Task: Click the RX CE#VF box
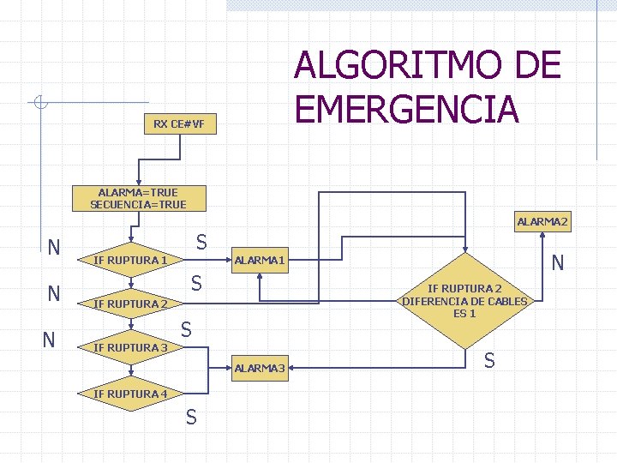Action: click(179, 124)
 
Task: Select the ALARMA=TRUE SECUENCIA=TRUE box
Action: click(138, 198)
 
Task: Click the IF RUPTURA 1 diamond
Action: click(131, 259)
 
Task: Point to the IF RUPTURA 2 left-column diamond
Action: click(131, 304)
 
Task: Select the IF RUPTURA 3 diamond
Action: click(131, 347)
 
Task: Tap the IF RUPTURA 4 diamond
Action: click(131, 394)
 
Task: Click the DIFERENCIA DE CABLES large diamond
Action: click(465, 301)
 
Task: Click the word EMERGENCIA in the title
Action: click(406, 109)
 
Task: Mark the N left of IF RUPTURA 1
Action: click(54, 248)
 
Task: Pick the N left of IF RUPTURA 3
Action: click(50, 340)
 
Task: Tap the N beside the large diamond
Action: click(557, 262)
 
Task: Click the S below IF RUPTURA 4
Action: click(190, 417)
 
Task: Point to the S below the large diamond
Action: click(488, 361)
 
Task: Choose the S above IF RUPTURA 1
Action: click(201, 241)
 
